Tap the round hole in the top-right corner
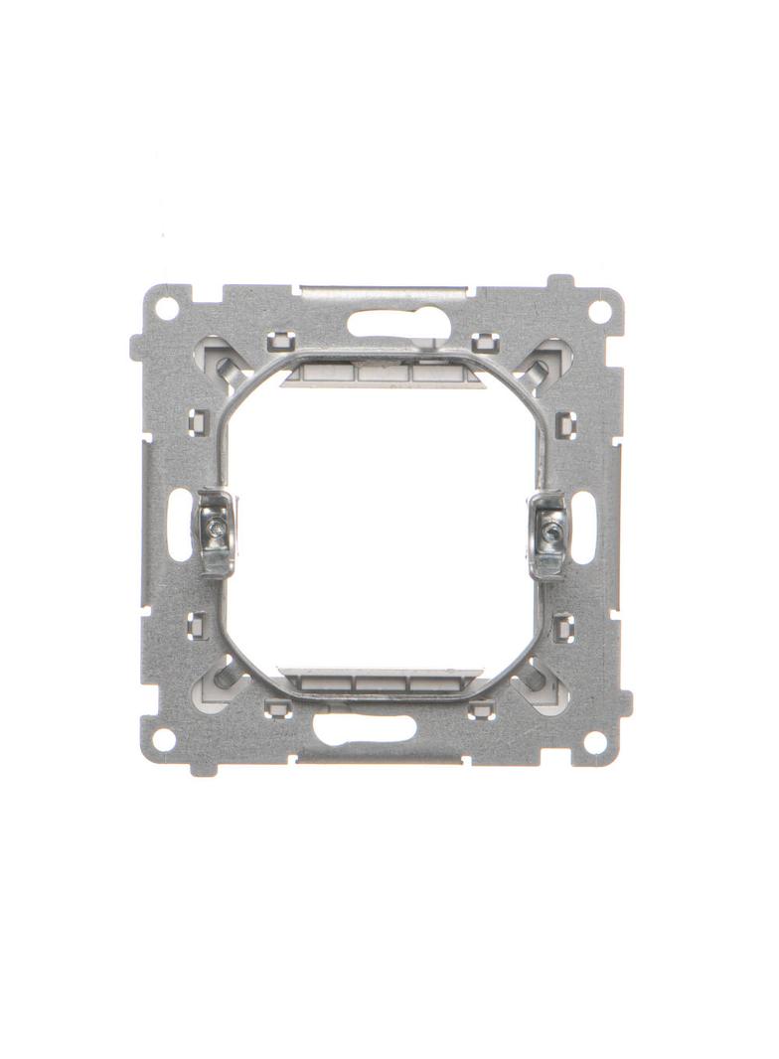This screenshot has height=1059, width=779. click(598, 310)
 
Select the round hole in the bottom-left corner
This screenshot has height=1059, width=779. click(165, 740)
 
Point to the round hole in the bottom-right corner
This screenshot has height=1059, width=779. click(596, 741)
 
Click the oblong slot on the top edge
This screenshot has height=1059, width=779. click(382, 324)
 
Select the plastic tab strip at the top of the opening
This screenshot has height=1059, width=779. click(382, 373)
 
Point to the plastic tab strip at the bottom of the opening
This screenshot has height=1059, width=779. click(382, 682)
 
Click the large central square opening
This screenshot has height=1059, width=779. click(382, 527)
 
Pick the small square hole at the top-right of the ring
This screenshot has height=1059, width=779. click(484, 343)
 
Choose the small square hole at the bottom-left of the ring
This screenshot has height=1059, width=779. click(277, 709)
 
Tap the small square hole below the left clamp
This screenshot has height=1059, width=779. click(197, 627)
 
